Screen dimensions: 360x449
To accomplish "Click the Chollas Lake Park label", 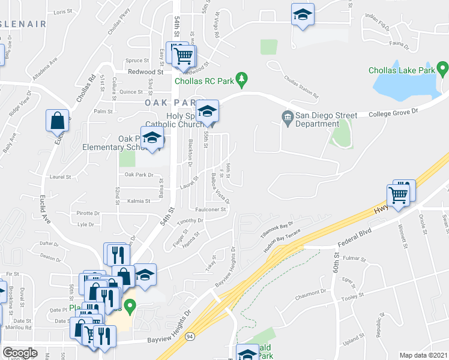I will click(400, 71).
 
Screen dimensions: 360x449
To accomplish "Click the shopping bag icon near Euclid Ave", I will click(58, 120).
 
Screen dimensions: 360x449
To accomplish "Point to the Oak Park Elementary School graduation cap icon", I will click(152, 137).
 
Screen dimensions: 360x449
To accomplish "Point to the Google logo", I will click(20, 353).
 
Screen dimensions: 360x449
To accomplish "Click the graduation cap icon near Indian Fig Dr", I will click(303, 15).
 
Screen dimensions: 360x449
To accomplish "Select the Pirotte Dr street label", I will click(88, 213).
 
